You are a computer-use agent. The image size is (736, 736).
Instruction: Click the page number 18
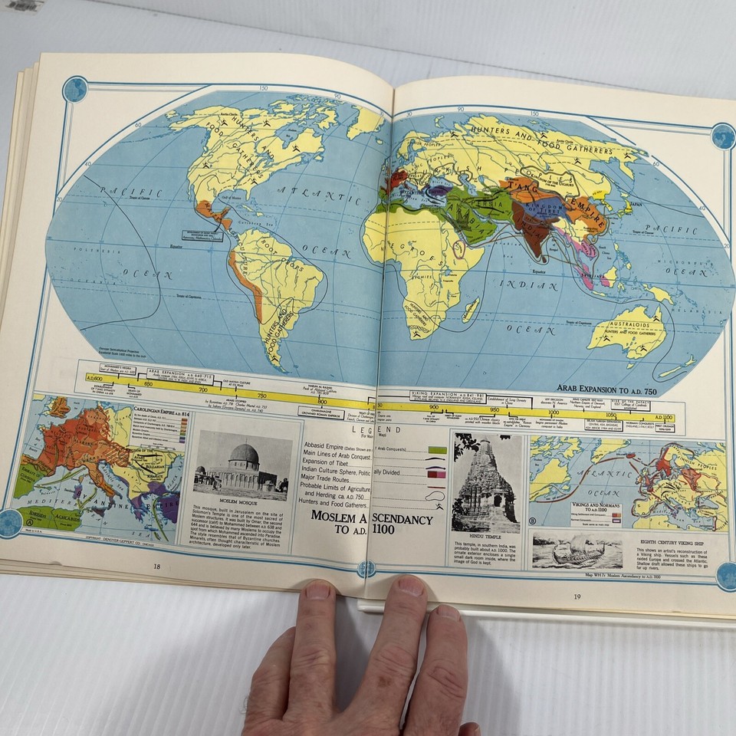(156, 567)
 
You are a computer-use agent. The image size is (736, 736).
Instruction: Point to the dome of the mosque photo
(244, 454)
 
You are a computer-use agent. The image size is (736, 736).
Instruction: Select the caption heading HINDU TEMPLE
(486, 541)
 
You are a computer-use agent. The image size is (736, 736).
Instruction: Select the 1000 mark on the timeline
(553, 412)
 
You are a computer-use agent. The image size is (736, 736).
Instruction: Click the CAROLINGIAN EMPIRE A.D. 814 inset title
(161, 411)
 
